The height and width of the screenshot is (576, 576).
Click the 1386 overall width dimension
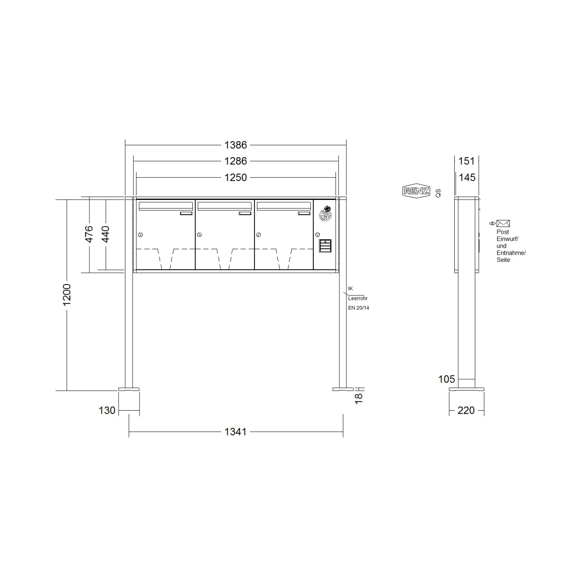click(x=236, y=145)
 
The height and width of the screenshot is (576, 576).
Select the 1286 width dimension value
click(x=236, y=161)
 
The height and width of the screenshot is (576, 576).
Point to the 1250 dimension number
click(x=236, y=178)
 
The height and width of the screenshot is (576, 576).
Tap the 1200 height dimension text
click(x=67, y=295)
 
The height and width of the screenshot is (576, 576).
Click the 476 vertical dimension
click(x=89, y=234)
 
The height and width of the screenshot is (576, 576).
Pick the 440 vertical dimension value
click(x=106, y=234)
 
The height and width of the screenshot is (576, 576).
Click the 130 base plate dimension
click(x=107, y=411)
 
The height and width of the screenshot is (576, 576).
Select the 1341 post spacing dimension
click(x=236, y=432)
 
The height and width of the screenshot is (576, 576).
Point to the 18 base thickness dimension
click(x=358, y=398)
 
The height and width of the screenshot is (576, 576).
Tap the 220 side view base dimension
click(x=466, y=411)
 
